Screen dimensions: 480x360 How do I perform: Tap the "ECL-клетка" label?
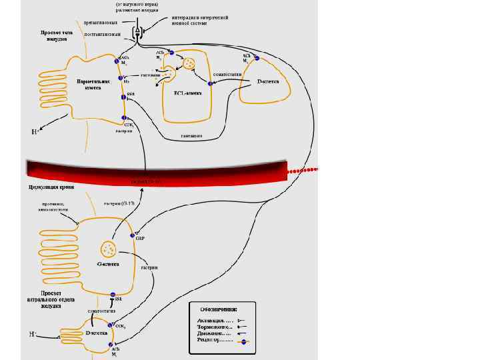(187, 94)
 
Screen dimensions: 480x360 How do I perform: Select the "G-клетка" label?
(108, 264)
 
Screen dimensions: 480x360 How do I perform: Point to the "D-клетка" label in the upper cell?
(273, 81)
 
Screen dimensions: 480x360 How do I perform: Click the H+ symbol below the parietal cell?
(36, 131)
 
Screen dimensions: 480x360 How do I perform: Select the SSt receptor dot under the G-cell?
(113, 295)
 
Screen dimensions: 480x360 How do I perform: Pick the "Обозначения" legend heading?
(218, 309)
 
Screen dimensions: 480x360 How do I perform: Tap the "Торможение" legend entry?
(215, 327)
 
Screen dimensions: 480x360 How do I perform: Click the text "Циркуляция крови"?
(51, 188)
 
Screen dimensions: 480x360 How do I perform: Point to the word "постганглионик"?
(103, 33)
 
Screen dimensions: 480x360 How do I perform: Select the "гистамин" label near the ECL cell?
(151, 75)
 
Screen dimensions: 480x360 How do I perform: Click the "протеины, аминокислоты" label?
(53, 207)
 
